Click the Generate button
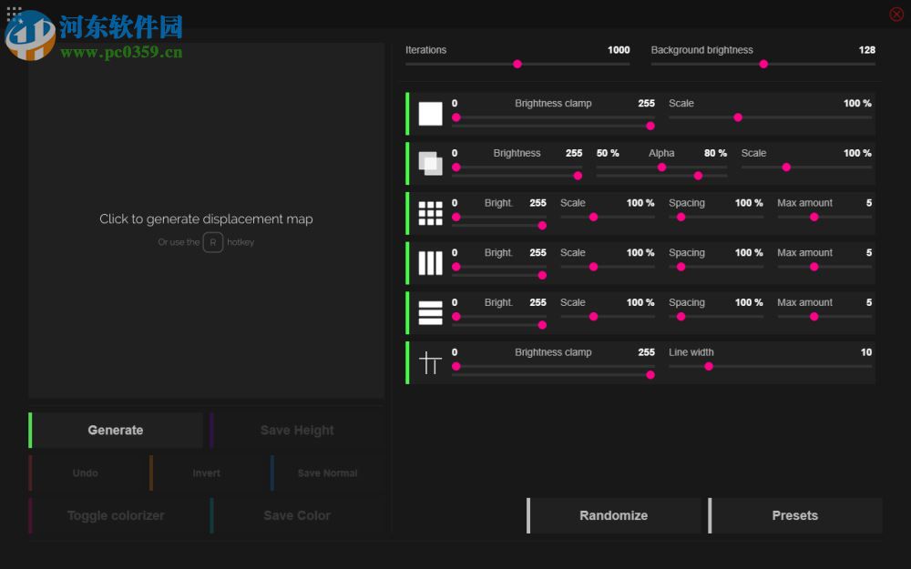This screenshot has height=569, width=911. click(x=116, y=431)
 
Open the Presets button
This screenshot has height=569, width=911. click(x=795, y=515)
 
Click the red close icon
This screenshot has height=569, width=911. click(x=896, y=14)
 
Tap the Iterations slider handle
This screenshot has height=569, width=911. click(x=517, y=64)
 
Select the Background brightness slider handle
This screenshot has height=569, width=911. click(x=763, y=64)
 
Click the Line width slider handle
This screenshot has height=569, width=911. click(x=709, y=366)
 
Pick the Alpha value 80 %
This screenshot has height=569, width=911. click(x=715, y=153)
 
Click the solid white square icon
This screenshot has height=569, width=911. click(x=430, y=114)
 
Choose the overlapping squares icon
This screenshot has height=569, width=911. click(x=430, y=164)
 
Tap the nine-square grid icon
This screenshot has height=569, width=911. click(x=430, y=213)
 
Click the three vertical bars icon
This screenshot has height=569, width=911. click(x=430, y=263)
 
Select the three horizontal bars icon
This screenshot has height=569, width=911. click(x=430, y=313)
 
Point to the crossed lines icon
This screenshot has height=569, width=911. click(x=430, y=363)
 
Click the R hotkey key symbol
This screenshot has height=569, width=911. click(x=213, y=242)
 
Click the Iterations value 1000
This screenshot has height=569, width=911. click(x=619, y=50)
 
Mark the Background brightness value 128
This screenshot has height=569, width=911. click(x=866, y=50)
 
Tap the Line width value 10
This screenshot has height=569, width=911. click(x=865, y=352)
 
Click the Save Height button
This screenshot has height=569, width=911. click(x=297, y=431)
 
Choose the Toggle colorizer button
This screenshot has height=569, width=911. click(x=116, y=515)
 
